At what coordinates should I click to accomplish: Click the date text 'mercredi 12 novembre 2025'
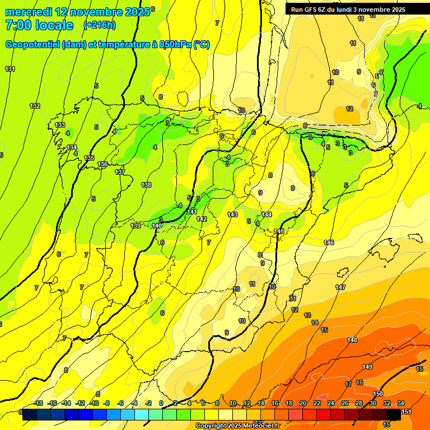[77, 12]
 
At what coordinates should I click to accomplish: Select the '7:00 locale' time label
[39, 25]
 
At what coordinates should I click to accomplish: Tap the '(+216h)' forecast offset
[100, 25]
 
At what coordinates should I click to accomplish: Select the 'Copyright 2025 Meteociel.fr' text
[238, 426]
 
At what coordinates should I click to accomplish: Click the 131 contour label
[10, 69]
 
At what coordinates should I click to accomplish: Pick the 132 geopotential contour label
[35, 106]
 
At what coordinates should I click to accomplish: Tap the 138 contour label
[146, 185]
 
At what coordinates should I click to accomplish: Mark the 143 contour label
[232, 215]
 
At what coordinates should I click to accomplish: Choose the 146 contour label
[329, 242]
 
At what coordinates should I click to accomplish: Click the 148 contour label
[352, 340]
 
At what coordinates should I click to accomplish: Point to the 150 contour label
[378, 394]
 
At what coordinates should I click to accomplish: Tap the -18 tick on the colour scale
[38, 404]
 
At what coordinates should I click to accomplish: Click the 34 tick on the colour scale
[400, 404]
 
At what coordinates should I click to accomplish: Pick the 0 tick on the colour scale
[161, 404]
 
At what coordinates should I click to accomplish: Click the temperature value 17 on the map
[348, 384]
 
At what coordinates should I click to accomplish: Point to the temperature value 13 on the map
[307, 315]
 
